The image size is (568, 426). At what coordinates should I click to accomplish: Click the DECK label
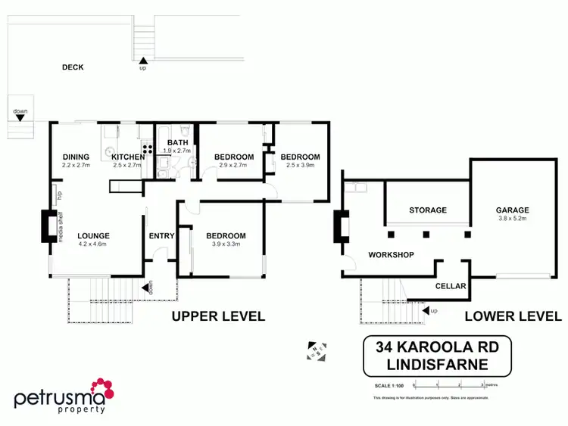[73, 67]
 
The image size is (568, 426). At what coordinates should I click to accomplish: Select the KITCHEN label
[127, 157]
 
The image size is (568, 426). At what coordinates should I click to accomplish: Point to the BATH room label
[178, 142]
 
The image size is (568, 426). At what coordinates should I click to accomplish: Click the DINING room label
[76, 157]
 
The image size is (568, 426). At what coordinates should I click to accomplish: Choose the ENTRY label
[161, 236]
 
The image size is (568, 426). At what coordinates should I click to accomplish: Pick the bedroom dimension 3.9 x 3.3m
[226, 244]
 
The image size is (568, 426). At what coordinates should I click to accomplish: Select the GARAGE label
[512, 210]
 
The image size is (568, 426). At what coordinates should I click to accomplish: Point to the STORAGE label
[428, 210]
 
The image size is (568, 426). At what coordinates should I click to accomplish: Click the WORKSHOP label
[391, 255]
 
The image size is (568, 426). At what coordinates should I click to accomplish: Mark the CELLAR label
[451, 286]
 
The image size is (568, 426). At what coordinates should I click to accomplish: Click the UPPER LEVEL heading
[218, 316]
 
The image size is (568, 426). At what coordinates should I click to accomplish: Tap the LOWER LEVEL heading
[513, 316]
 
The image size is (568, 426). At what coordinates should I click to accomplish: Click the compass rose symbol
[316, 351]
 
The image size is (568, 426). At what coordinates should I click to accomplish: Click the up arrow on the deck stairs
[142, 60]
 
